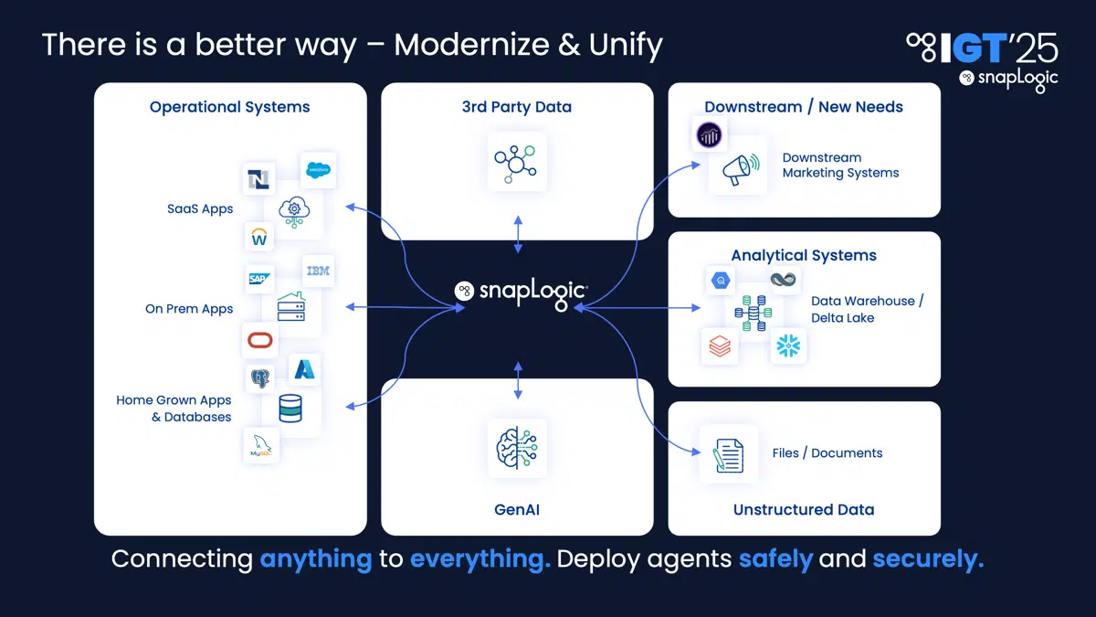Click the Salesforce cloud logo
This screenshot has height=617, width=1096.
(318, 170)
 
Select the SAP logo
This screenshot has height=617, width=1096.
(260, 278)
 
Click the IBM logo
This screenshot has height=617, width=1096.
(318, 271)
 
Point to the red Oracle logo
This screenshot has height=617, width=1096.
(260, 340)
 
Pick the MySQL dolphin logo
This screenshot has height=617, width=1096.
(261, 446)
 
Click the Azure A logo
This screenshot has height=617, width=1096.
(304, 369)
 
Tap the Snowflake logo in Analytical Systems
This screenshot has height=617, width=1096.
(788, 346)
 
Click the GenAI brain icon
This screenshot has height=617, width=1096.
(517, 448)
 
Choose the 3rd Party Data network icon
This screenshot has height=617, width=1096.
(517, 162)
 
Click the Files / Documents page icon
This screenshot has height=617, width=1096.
(728, 453)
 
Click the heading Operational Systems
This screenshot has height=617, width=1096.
(229, 107)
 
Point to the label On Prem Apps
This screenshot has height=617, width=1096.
(189, 309)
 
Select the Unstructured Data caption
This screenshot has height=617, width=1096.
(804, 510)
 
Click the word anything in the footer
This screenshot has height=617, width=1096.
(316, 558)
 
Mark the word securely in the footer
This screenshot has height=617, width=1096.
(928, 558)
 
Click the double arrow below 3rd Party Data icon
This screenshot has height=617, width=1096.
(518, 234)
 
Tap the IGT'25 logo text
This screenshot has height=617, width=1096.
(982, 47)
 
